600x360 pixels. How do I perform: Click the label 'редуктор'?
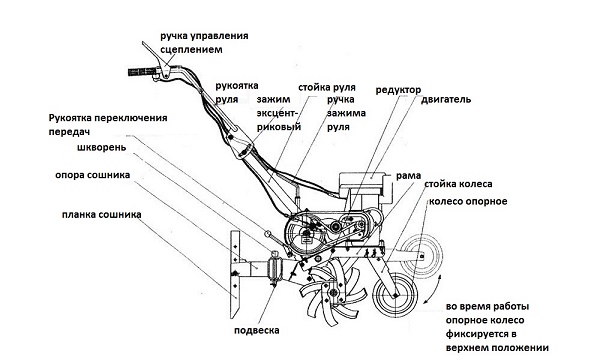(398, 90)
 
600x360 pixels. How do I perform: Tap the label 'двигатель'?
(446, 100)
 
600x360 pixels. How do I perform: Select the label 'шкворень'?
(101, 147)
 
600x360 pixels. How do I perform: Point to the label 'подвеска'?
(257, 330)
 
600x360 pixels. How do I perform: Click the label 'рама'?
(408, 176)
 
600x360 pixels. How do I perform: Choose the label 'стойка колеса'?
(458, 184)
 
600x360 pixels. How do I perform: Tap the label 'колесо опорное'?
(468, 201)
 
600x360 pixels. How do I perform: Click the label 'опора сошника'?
(93, 175)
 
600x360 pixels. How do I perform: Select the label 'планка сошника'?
(101, 215)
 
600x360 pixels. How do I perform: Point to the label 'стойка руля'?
(327, 88)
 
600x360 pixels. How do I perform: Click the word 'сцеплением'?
(191, 50)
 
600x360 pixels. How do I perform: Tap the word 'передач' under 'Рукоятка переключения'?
(69, 132)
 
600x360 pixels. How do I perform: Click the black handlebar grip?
(142, 72)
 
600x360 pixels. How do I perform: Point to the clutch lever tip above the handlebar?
(143, 43)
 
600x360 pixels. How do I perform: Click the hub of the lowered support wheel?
(394, 295)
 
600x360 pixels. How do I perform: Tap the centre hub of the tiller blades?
(332, 293)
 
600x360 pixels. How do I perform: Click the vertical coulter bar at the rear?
(235, 274)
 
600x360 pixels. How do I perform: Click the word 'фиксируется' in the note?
(481, 334)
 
